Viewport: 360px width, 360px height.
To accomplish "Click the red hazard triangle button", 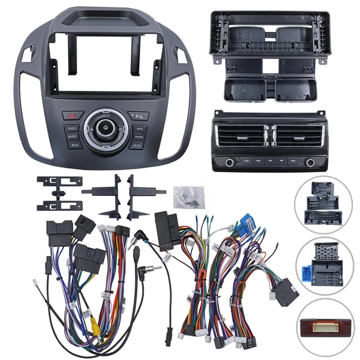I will pos(73,114).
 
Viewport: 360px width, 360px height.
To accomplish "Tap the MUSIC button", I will pos(73,137).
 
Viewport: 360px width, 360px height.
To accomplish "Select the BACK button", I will pos(75,145).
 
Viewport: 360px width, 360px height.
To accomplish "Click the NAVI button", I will pos(139,129).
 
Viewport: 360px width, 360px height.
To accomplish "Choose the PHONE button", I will pos(139,137).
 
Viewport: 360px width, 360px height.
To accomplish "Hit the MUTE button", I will pos(137,146).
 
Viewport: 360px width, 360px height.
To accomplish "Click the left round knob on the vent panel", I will pos(229,162).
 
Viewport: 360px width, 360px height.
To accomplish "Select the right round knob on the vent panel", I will pos(310,162).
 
